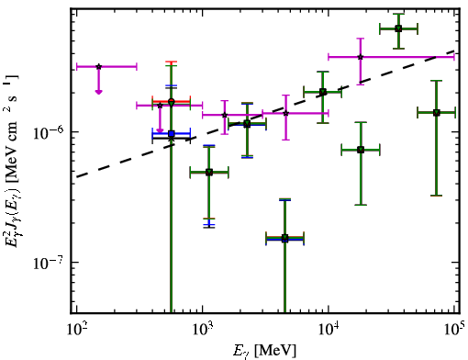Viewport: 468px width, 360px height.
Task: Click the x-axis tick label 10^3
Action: pos(203,330)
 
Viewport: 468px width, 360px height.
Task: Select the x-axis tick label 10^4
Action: pos(329,330)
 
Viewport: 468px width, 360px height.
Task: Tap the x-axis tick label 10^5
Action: pos(454,329)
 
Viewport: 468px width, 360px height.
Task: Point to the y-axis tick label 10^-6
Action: pos(49,133)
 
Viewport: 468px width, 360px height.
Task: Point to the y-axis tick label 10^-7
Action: pos(49,264)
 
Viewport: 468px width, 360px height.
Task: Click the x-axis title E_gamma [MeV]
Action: pos(264,351)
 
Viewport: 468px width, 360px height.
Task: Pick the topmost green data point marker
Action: pos(398,28)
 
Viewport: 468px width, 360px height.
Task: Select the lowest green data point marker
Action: pos(285,238)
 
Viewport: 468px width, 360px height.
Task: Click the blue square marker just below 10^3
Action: pos(172,134)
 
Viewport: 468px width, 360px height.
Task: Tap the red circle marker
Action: pos(172,101)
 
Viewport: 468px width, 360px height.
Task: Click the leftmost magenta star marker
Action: pos(99,66)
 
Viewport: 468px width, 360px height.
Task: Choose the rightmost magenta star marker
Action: pos(361,57)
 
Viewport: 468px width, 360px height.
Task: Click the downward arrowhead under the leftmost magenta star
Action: pos(98,92)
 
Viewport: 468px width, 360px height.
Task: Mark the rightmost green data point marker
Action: pos(437,113)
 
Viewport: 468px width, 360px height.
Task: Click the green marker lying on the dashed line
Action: pos(323,92)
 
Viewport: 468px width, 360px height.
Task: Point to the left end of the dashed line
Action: pos(76,177)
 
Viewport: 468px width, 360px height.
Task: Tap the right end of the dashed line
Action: pos(455,51)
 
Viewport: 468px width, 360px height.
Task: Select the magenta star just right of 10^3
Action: pos(225,115)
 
